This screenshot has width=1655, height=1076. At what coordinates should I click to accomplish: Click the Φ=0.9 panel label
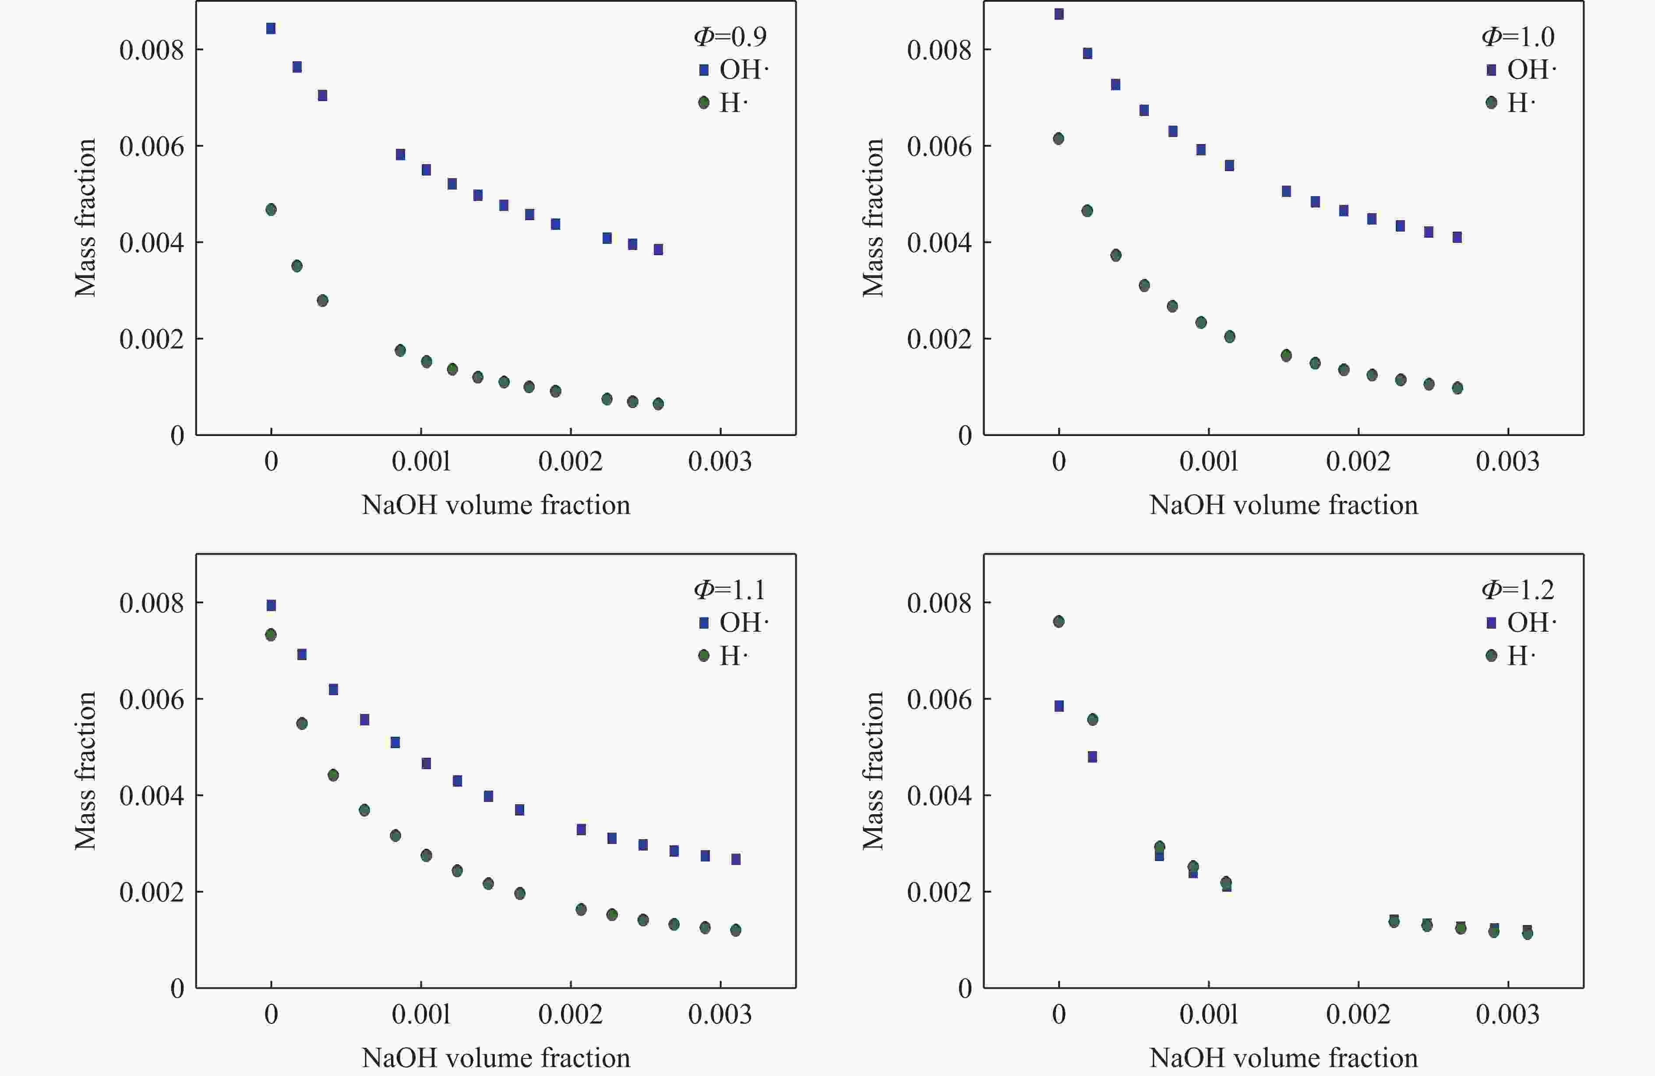tap(730, 36)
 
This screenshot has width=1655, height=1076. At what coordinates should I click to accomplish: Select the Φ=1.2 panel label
tap(1517, 590)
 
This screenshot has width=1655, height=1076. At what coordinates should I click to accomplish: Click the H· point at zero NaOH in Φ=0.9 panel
tap(271, 209)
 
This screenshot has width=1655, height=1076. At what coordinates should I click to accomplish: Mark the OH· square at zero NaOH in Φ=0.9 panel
tap(271, 28)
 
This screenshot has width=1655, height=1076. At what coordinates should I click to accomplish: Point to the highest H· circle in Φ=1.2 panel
tap(1059, 622)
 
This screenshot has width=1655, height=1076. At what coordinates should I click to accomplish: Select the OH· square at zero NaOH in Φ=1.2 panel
tap(1059, 706)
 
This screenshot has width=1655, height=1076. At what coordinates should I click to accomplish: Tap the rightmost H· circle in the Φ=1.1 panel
tap(736, 930)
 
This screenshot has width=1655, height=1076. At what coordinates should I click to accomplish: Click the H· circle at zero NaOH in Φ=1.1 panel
tap(271, 635)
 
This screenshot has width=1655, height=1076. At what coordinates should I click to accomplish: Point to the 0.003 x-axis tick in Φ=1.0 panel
tap(1507, 461)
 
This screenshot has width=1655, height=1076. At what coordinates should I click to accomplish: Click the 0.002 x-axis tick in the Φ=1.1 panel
tap(570, 1015)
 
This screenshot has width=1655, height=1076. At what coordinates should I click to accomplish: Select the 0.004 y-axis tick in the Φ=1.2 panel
tap(939, 795)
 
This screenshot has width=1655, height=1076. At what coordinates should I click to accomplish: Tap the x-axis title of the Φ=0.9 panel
tap(496, 505)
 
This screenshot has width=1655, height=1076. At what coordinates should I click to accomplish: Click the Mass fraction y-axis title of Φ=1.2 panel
tap(873, 770)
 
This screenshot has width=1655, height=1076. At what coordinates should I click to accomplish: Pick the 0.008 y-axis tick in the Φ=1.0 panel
tap(939, 50)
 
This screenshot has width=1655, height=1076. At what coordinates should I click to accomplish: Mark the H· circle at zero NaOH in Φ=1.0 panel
tap(1059, 138)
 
